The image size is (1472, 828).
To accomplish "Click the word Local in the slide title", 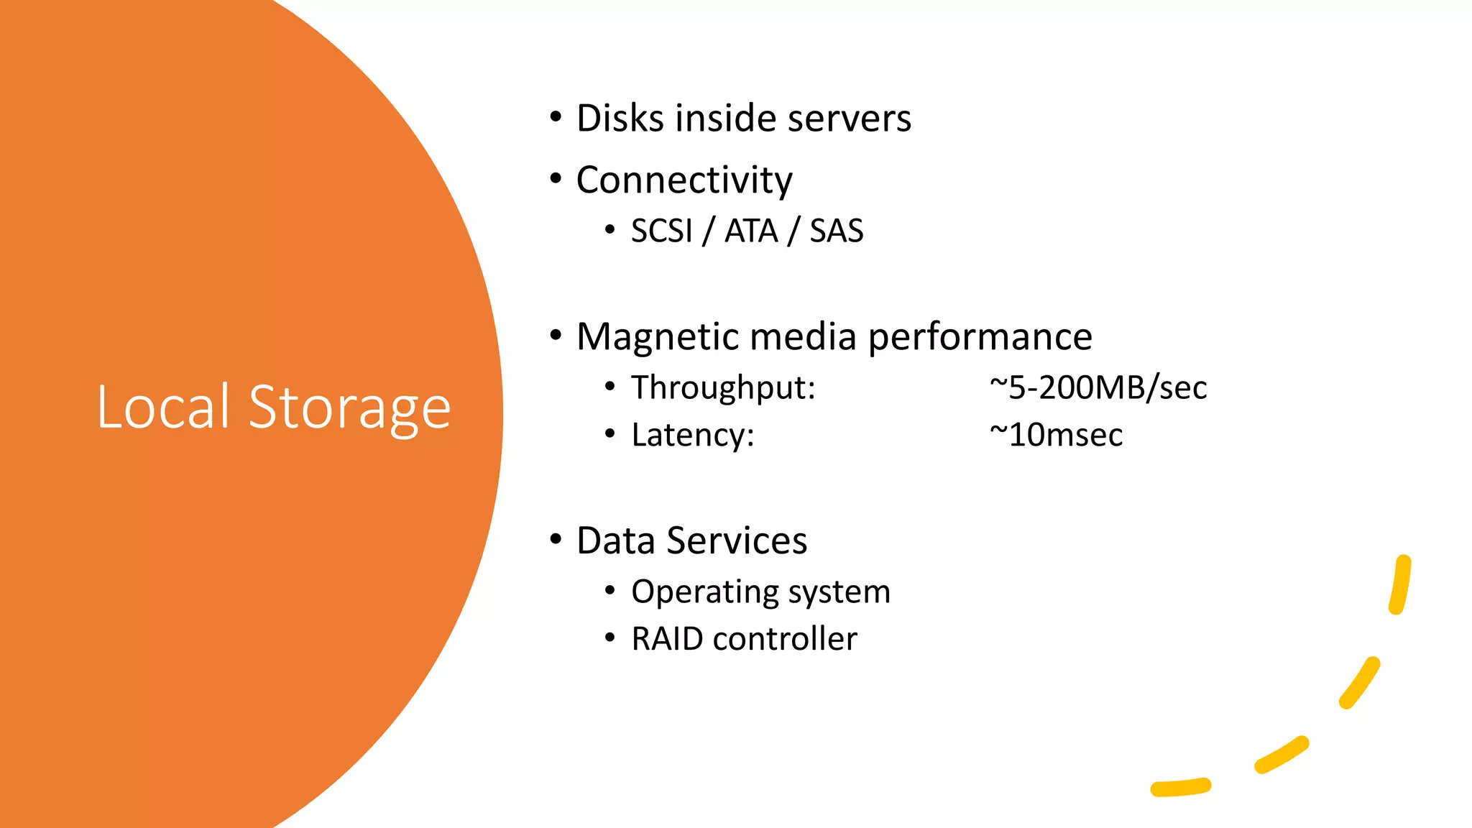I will [163, 407].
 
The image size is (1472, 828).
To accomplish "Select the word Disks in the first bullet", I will [620, 118].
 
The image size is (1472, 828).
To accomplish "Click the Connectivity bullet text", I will [684, 180].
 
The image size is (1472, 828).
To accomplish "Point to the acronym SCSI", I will [661, 231].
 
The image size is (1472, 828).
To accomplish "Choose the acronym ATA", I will [751, 231].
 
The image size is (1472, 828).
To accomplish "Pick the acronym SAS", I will [837, 231].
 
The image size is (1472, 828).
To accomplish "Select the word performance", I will [980, 336].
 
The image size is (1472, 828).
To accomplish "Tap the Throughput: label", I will [723, 387].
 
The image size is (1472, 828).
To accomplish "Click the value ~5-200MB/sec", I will [1098, 387].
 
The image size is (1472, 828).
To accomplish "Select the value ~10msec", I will [1056, 435].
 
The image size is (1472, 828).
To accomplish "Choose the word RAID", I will [667, 638].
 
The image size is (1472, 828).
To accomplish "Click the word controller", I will [785, 638].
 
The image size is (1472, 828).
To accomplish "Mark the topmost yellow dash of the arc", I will [1400, 584].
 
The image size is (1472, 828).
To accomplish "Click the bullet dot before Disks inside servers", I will [556, 116].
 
